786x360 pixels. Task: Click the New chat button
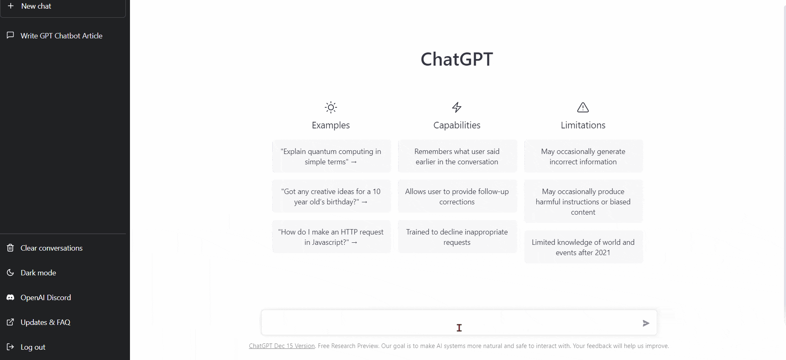63,7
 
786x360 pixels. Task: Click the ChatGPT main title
457,59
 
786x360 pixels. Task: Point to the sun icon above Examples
331,107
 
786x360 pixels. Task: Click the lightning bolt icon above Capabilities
457,107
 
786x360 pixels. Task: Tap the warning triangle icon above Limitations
583,107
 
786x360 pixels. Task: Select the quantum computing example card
331,156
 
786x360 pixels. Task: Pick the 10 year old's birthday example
331,197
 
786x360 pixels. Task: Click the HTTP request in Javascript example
331,237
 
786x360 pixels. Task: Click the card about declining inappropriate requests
457,237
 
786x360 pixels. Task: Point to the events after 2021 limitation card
583,247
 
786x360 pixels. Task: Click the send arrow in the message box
646,323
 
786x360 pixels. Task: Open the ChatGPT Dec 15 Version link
282,346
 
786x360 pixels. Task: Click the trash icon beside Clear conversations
10,248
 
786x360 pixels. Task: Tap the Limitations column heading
583,125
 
